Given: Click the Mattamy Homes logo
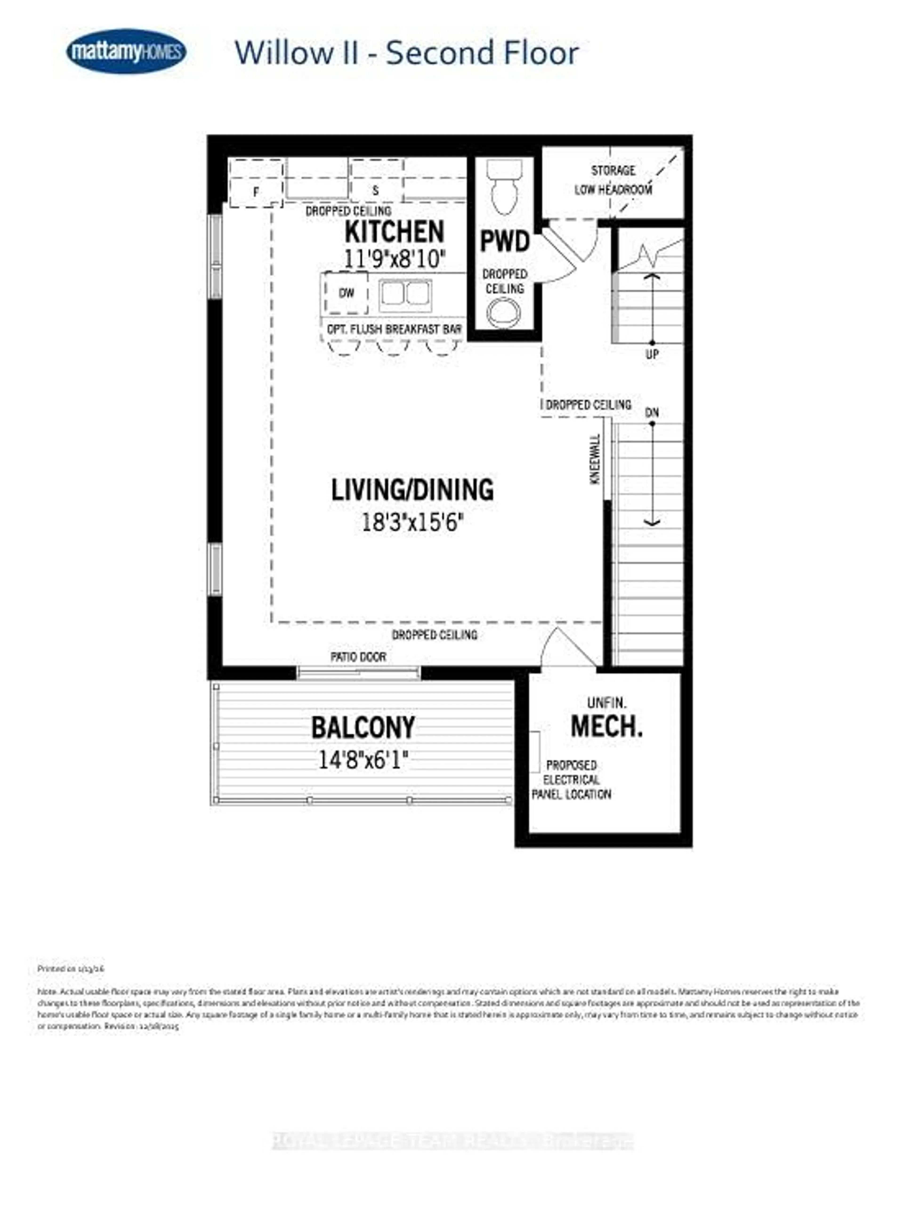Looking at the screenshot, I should (126, 51).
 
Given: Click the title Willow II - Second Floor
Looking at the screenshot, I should (406, 53).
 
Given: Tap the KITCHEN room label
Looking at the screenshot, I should (394, 232).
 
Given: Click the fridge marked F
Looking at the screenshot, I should (256, 191).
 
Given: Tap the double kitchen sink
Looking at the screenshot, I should (405, 295).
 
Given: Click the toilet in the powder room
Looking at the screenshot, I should (504, 187).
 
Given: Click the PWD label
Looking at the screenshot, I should (504, 241).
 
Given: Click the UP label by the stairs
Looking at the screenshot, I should (652, 354).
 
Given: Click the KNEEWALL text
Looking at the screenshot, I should (596, 459).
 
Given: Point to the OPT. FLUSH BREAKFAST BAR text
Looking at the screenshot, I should (394, 329).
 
